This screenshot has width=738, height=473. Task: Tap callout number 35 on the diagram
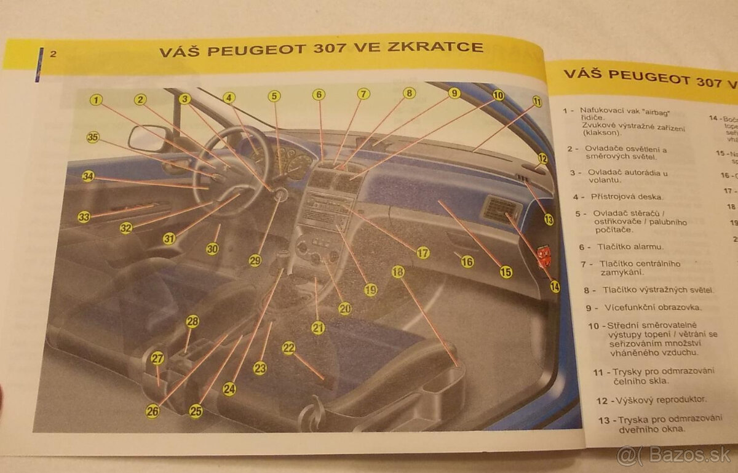92,138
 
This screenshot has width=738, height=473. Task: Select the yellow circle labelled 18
399,271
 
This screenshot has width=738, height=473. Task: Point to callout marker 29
255,260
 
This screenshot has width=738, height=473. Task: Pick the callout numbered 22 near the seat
288,348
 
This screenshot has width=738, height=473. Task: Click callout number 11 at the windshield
537,101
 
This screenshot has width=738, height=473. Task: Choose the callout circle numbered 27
157,359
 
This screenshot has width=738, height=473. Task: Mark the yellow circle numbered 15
506,271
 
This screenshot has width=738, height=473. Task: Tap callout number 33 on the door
84,217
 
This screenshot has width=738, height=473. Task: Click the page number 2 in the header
53,54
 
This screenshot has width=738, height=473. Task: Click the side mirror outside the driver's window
146,138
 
